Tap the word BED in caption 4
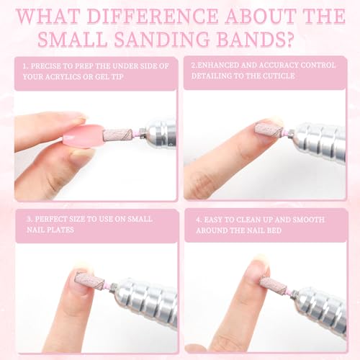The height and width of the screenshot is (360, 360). point(274,230)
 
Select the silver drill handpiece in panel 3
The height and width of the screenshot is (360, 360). point(145,300)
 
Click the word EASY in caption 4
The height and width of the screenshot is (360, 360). point(213,220)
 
